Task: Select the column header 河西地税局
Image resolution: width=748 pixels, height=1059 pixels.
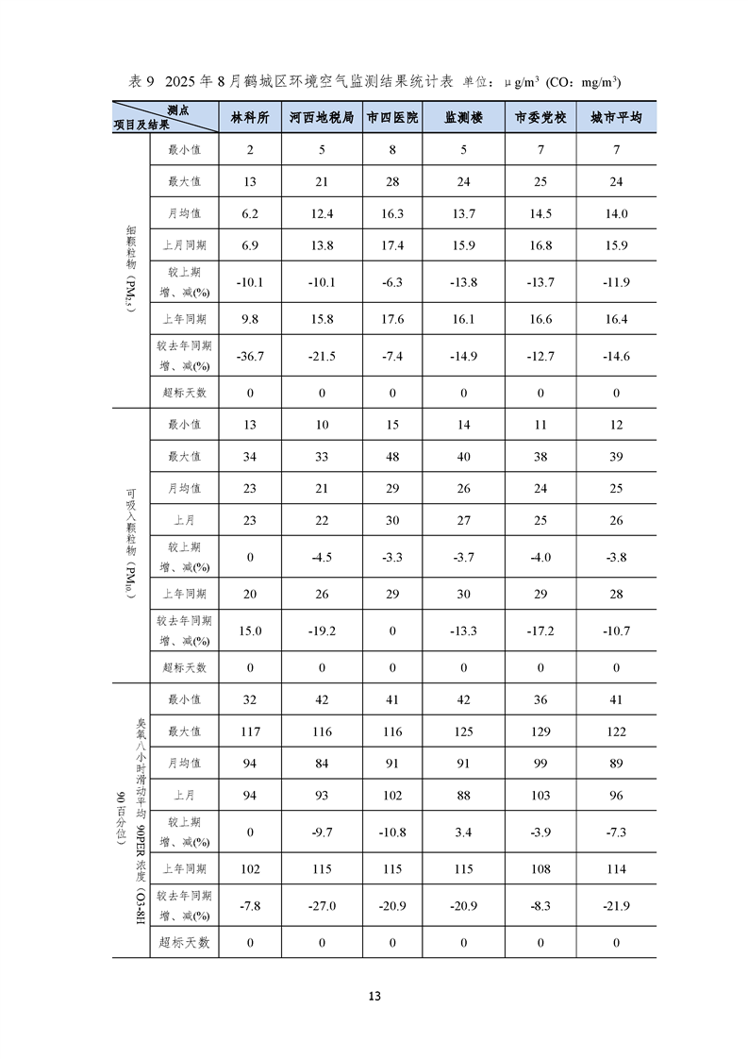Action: pos(322,118)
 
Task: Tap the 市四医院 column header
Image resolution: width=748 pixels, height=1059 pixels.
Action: pos(392,118)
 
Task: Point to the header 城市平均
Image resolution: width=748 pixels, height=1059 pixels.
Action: pos(616,118)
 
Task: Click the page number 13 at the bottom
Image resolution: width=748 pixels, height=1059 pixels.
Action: pos(374,996)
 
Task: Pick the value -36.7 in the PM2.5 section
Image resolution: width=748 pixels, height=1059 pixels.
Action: pos(249,356)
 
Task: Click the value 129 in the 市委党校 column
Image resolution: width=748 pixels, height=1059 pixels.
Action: pos(540,732)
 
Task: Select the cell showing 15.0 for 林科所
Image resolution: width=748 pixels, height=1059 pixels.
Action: pos(249,630)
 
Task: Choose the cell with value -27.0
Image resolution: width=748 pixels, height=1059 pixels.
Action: pos(322,906)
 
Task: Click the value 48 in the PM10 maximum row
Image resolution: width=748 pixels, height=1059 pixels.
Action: pos(392,457)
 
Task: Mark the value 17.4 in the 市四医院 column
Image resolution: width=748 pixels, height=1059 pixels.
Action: pos(392,245)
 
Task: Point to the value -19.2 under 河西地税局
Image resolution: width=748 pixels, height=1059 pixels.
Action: pos(322,630)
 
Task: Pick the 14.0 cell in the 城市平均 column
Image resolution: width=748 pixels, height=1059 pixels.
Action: pos(616,214)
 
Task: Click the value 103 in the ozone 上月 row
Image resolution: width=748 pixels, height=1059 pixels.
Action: pos(540,796)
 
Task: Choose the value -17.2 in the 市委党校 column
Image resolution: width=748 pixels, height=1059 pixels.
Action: pos(540,630)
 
